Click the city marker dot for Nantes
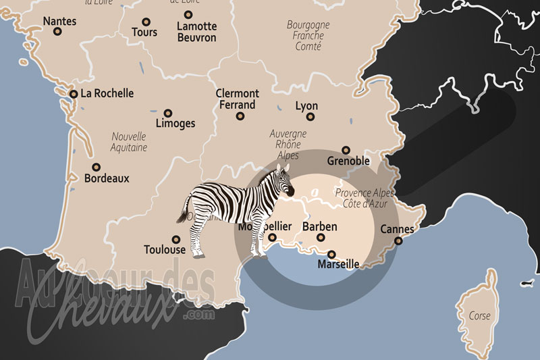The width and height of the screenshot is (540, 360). click(57, 31)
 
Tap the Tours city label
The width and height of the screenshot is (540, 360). click(144, 32)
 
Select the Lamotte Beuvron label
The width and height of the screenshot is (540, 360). click(196, 32)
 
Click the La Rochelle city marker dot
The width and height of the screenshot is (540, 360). click(73, 94)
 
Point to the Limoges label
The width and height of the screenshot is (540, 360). click(175, 124)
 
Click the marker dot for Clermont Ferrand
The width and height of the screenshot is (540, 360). click(240, 116)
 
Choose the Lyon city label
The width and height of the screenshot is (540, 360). click(306, 106)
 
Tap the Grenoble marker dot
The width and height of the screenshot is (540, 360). click(346, 150)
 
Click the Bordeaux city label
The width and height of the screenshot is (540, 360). click(106, 179)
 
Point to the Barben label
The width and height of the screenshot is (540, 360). click(319, 227)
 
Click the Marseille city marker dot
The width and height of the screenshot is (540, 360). click(331, 255)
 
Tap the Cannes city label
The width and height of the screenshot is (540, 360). click(398, 229)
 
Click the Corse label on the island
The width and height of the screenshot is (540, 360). click(480, 315)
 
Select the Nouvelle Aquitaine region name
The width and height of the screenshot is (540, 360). click(130, 141)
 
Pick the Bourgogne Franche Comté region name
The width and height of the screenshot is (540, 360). click(308, 35)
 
